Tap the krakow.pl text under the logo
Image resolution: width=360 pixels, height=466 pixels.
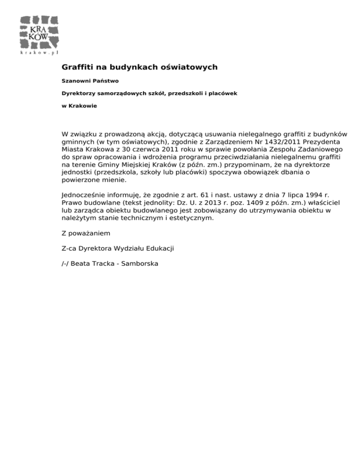[39, 53]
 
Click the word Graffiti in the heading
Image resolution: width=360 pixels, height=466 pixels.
[77, 68]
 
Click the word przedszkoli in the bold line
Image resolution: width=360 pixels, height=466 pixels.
[176, 93]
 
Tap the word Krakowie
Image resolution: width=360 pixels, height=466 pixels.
[82, 106]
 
